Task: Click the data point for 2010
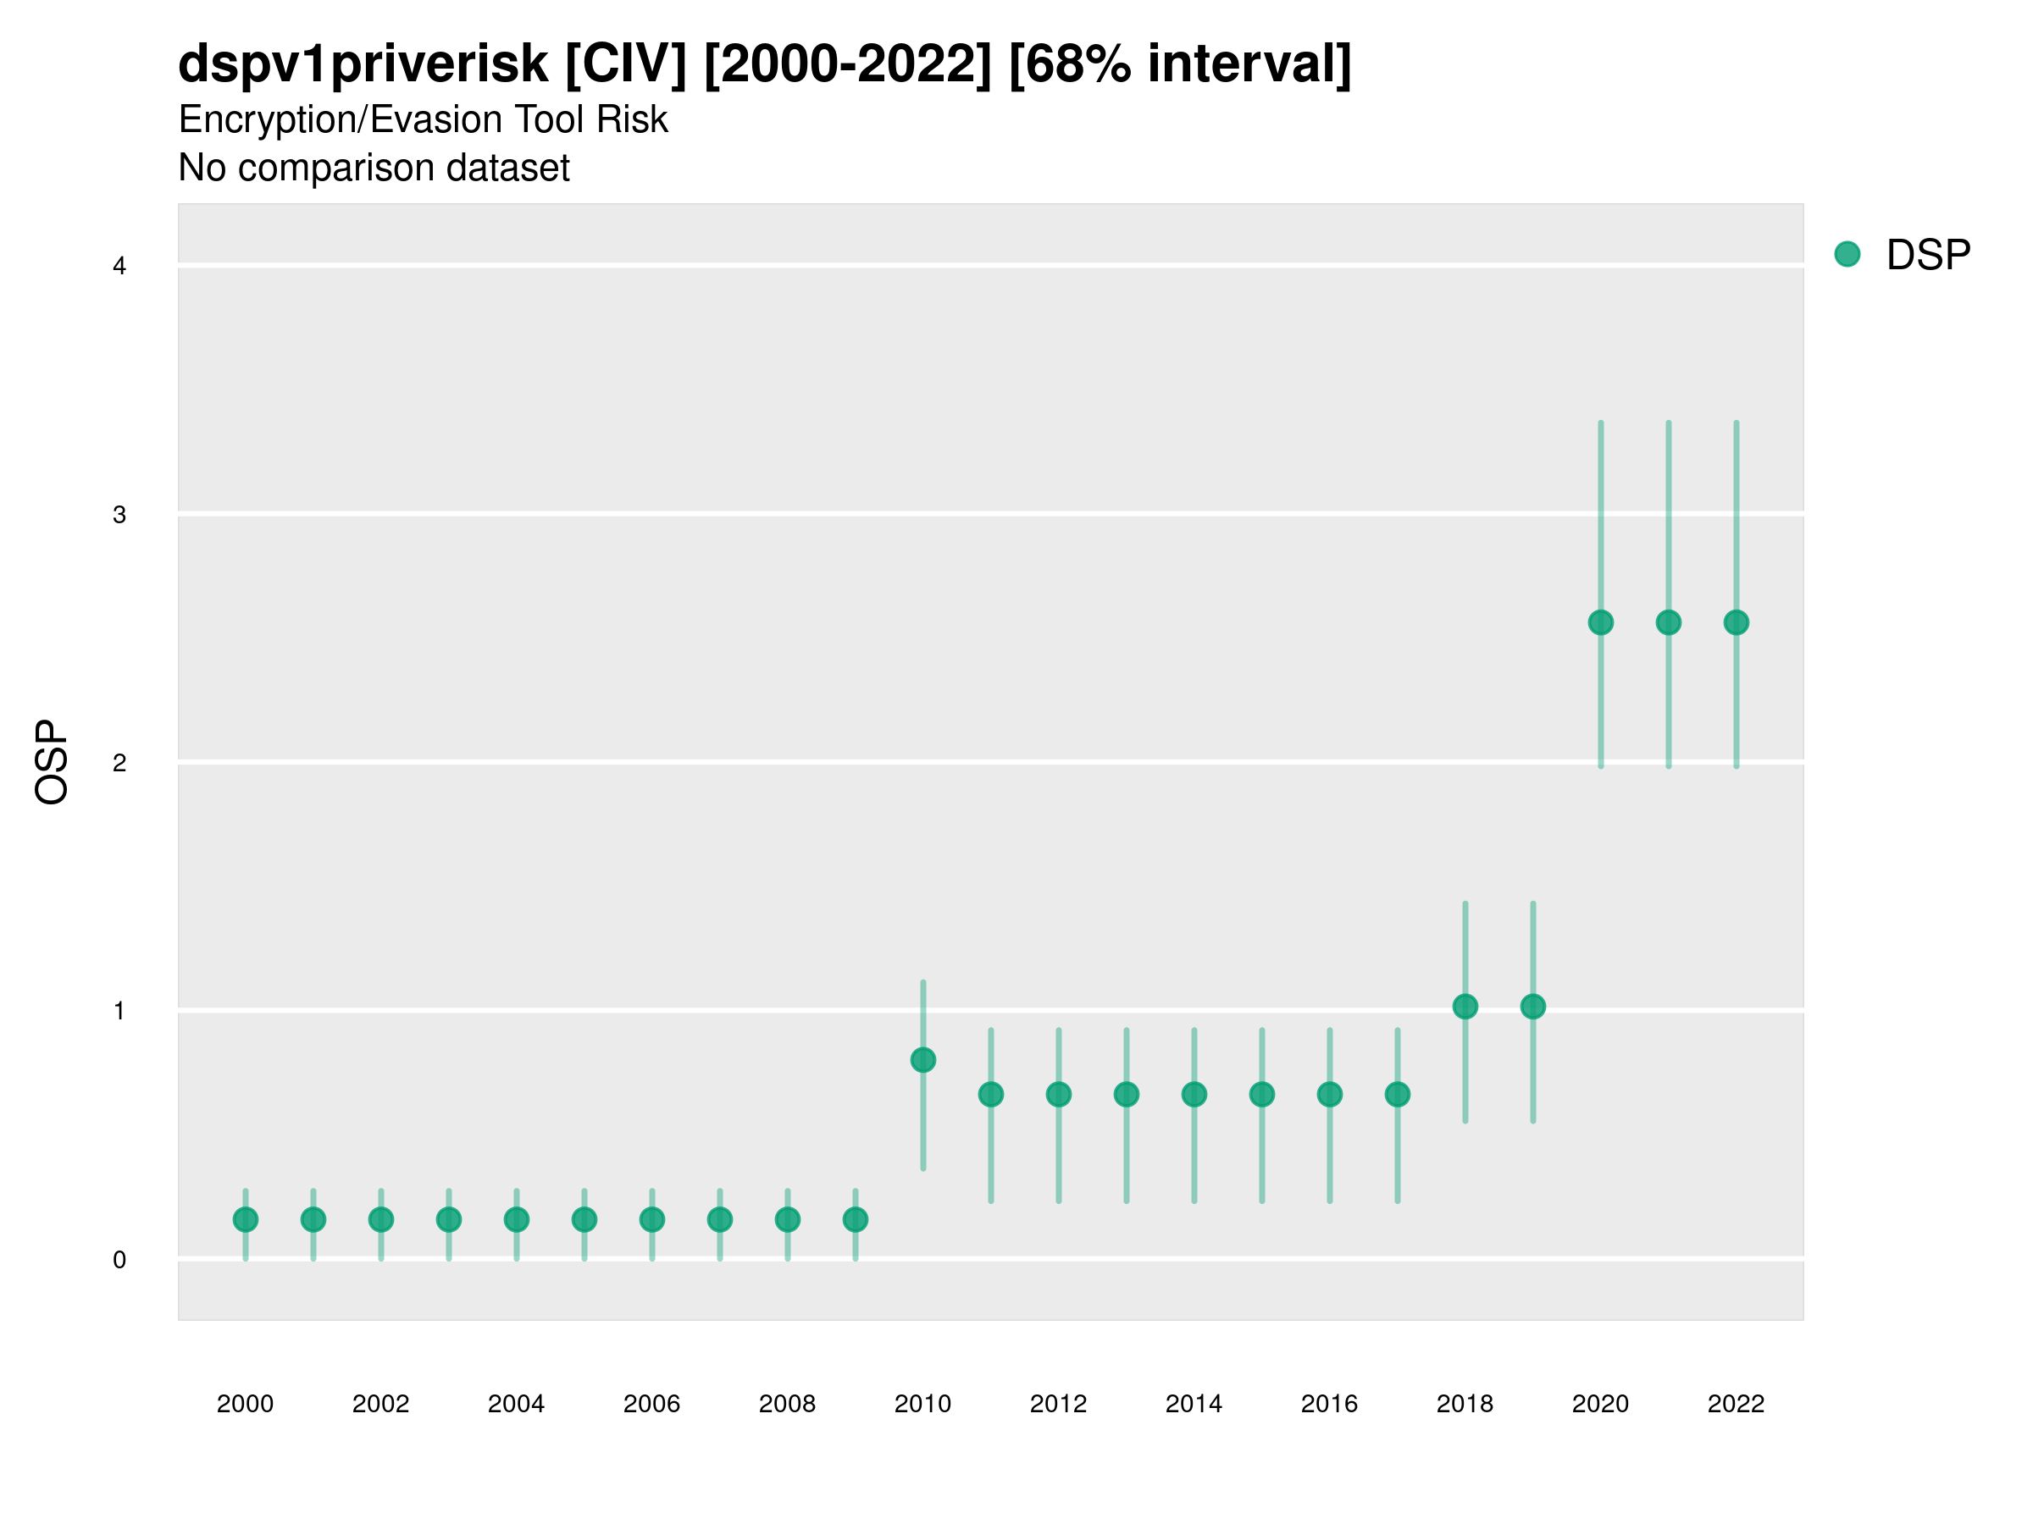click(922, 1060)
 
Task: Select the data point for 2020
click(1600, 623)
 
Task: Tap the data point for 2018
click(1465, 1007)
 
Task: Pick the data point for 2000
click(246, 1220)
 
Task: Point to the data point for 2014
click(1194, 1094)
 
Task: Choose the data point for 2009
click(855, 1220)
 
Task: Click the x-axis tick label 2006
click(651, 1404)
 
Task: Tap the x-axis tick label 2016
click(1329, 1404)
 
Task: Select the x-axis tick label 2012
click(1058, 1404)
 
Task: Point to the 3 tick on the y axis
click(119, 515)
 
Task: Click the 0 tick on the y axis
click(119, 1260)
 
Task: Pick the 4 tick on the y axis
click(119, 267)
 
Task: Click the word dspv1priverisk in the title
click(363, 64)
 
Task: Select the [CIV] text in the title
click(625, 64)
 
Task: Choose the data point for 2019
click(1533, 1007)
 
